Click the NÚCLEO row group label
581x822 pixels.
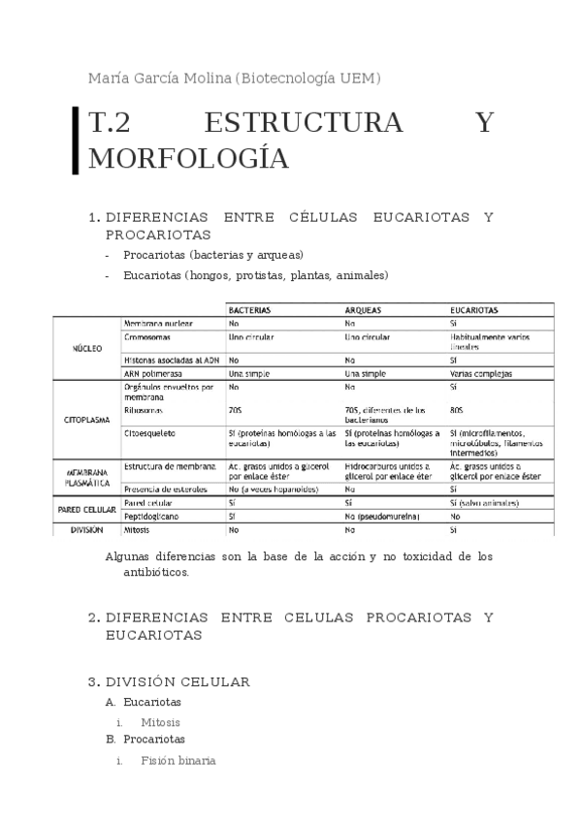[x=88, y=347]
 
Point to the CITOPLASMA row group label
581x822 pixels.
[x=86, y=422]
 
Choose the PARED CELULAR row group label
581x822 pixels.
[x=86, y=510]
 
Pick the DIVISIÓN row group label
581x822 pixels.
[x=87, y=531]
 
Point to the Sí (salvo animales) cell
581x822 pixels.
[x=484, y=504]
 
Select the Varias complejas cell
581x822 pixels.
[x=481, y=373]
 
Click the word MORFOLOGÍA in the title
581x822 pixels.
[x=188, y=158]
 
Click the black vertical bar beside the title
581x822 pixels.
[x=76, y=142]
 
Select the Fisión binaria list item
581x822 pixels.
[x=178, y=761]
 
